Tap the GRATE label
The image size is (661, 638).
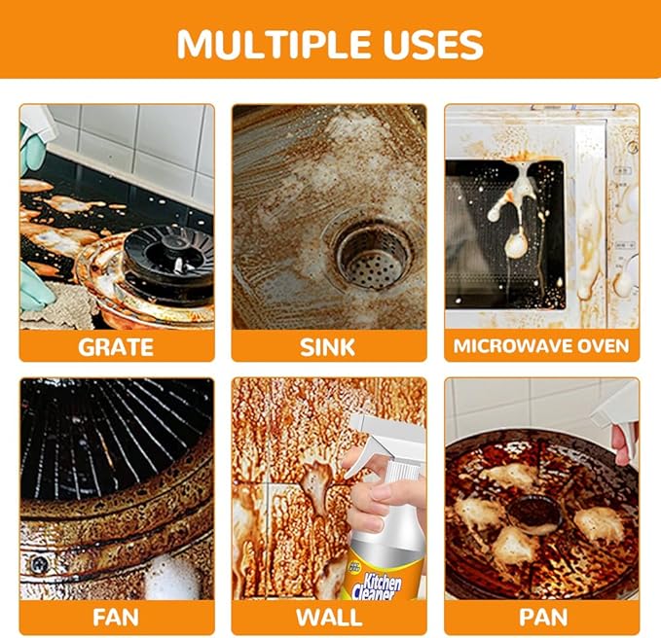pos(117,345)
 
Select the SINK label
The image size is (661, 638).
pos(329,345)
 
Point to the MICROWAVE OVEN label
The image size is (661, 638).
pos(542,345)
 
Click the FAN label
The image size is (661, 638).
pos(117,617)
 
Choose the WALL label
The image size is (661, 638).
pos(329,617)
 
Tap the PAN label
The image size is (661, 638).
pos(542,617)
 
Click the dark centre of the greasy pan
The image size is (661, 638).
pos(532,511)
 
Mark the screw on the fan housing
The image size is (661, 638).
pos(39,561)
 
